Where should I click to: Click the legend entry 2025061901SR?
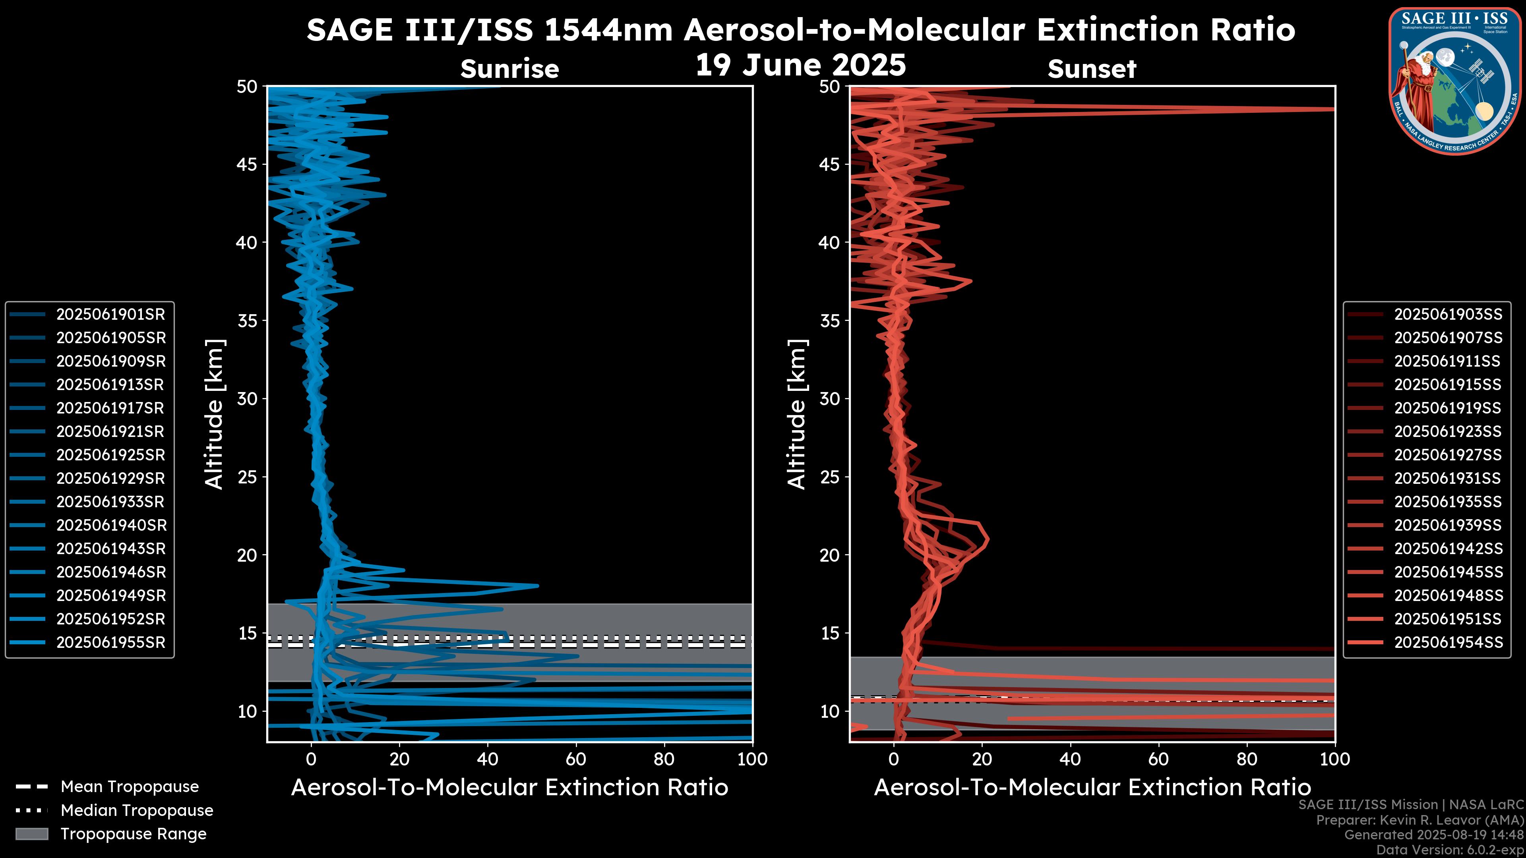point(110,315)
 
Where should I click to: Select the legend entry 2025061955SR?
point(110,642)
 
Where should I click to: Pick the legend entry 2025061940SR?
point(110,525)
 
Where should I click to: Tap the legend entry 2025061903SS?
point(1448,315)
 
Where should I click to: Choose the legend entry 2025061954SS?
point(1448,642)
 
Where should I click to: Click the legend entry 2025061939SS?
point(1448,525)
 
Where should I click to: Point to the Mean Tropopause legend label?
point(129,787)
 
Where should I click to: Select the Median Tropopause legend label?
point(136,811)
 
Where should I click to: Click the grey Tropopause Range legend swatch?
point(31,834)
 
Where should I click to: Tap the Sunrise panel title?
point(509,69)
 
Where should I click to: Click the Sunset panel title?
point(1092,69)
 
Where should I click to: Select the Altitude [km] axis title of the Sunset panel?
point(797,414)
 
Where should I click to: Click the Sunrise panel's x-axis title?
point(509,788)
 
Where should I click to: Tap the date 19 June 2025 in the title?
point(800,65)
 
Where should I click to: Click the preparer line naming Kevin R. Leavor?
point(1419,820)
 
